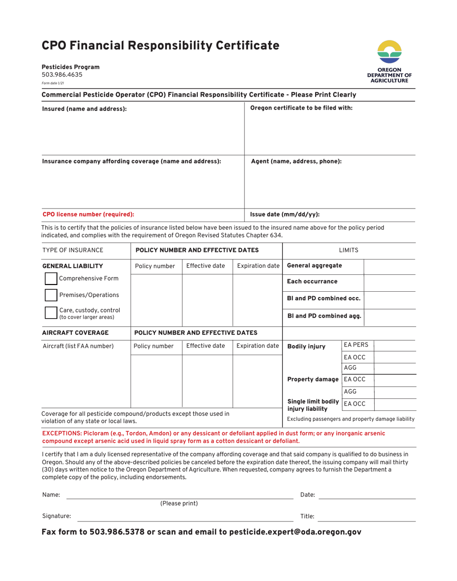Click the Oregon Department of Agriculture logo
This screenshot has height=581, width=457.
(x=389, y=62)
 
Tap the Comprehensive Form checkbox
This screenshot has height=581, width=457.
(x=51, y=279)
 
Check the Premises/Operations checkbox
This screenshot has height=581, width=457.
(x=51, y=295)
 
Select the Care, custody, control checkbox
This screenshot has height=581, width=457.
(x=51, y=313)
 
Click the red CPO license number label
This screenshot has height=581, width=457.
(x=88, y=215)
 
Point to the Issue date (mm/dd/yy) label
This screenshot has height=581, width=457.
(x=285, y=215)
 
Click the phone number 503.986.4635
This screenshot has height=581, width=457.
(x=62, y=75)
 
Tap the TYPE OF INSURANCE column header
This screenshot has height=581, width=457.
(x=73, y=250)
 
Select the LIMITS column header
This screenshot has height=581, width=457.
(x=348, y=250)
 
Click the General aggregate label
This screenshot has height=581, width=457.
(x=314, y=266)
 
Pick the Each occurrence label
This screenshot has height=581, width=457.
(x=312, y=282)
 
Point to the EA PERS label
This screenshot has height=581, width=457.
(x=356, y=345)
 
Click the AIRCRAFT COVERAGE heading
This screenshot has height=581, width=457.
(x=76, y=333)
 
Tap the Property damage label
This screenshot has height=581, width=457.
(x=313, y=380)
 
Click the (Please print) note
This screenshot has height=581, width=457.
(x=179, y=504)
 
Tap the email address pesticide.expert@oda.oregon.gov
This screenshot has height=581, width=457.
(x=295, y=532)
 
